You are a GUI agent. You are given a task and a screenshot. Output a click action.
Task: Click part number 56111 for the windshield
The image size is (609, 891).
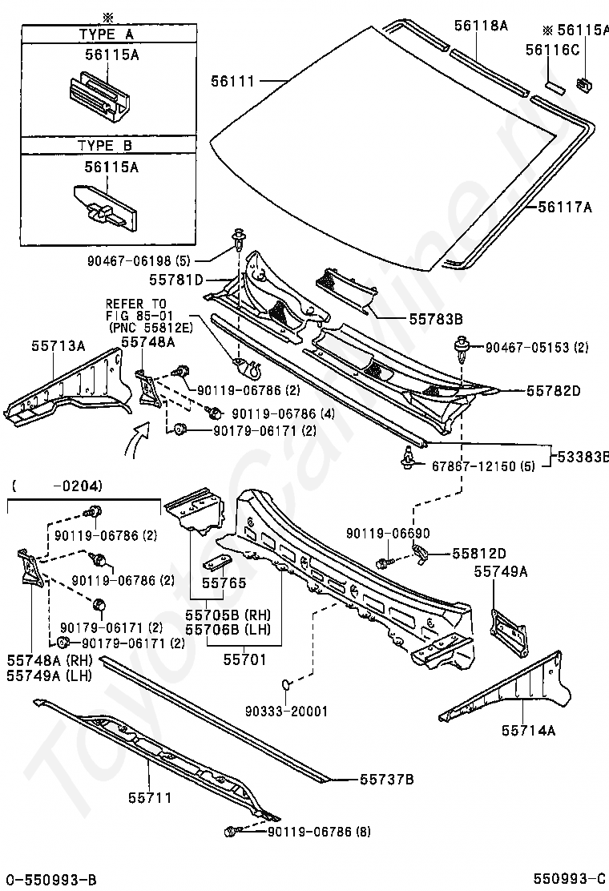coord(233,81)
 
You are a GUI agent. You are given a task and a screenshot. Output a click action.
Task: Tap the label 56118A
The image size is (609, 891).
coord(481,25)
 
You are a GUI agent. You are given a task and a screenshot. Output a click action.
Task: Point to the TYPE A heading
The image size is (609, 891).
coord(107,34)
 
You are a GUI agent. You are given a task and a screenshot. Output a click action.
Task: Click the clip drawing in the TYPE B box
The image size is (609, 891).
coord(106,208)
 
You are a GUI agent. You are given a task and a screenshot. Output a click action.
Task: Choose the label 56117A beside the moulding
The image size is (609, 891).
coord(565,208)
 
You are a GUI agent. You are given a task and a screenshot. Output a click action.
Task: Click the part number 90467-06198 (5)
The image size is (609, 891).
coord(139,261)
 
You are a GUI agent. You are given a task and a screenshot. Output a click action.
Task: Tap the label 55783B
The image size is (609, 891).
coord(436,320)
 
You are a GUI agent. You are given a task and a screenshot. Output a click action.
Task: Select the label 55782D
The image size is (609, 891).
coord(554,392)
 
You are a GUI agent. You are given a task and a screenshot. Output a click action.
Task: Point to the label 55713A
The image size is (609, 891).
coord(58,345)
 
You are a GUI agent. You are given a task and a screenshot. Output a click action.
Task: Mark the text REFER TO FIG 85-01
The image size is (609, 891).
coord(136,310)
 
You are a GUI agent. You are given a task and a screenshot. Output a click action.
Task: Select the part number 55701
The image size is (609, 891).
coord(245,659)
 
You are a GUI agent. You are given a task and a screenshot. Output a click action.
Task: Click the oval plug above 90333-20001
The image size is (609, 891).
coord(287,683)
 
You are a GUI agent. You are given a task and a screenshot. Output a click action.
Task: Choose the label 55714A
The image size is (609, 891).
coord(528,730)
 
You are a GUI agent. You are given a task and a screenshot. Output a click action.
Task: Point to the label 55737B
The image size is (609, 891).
coord(387,779)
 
